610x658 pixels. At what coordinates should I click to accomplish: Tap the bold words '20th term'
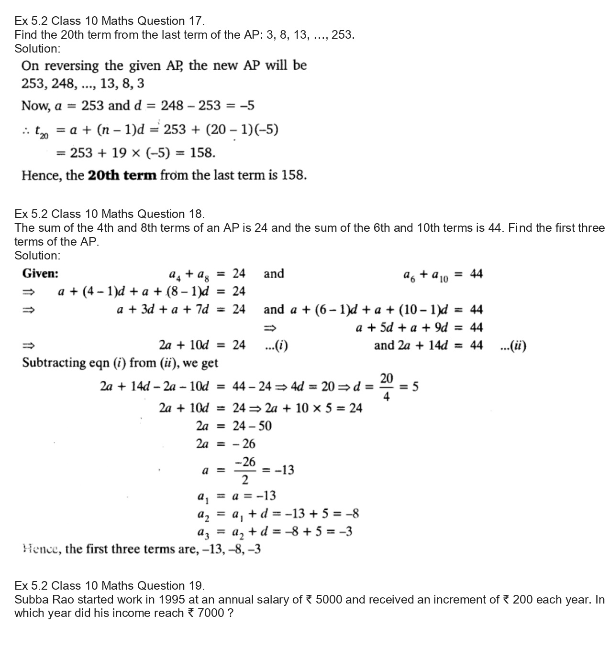click(x=122, y=175)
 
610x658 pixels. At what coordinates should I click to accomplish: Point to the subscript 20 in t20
click(x=44, y=137)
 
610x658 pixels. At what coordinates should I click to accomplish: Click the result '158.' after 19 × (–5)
click(x=203, y=153)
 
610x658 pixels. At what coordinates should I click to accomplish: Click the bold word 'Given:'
click(x=40, y=274)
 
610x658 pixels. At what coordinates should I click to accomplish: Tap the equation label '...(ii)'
click(x=512, y=345)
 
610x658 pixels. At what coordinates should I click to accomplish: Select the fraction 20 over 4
click(x=387, y=387)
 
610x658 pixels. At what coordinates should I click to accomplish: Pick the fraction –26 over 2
click(x=245, y=471)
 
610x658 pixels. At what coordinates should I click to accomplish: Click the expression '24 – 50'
click(x=252, y=426)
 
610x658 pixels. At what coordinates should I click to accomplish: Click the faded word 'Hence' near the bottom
click(x=41, y=550)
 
